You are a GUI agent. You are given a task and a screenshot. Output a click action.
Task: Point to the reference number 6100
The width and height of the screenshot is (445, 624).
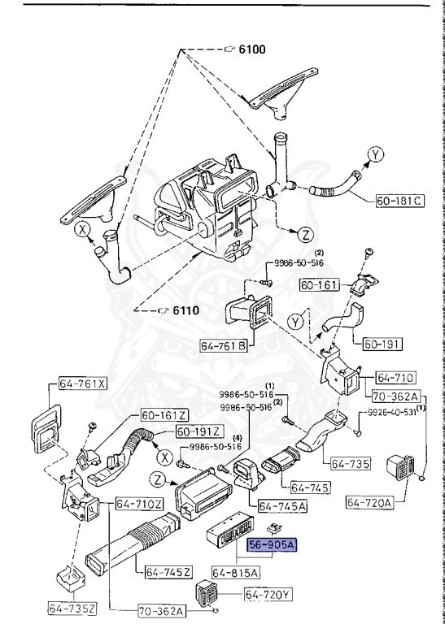pyautogui.click(x=251, y=50)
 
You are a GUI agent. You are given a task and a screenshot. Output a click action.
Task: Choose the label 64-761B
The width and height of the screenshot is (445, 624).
pyautogui.click(x=222, y=345)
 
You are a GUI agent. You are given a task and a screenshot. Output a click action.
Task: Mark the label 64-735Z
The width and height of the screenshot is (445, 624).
pyautogui.click(x=72, y=607)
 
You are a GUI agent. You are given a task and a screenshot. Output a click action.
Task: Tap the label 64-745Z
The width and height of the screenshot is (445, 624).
pyautogui.click(x=168, y=574)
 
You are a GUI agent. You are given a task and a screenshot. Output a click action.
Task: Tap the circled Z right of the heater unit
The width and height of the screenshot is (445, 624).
pyautogui.click(x=303, y=235)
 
